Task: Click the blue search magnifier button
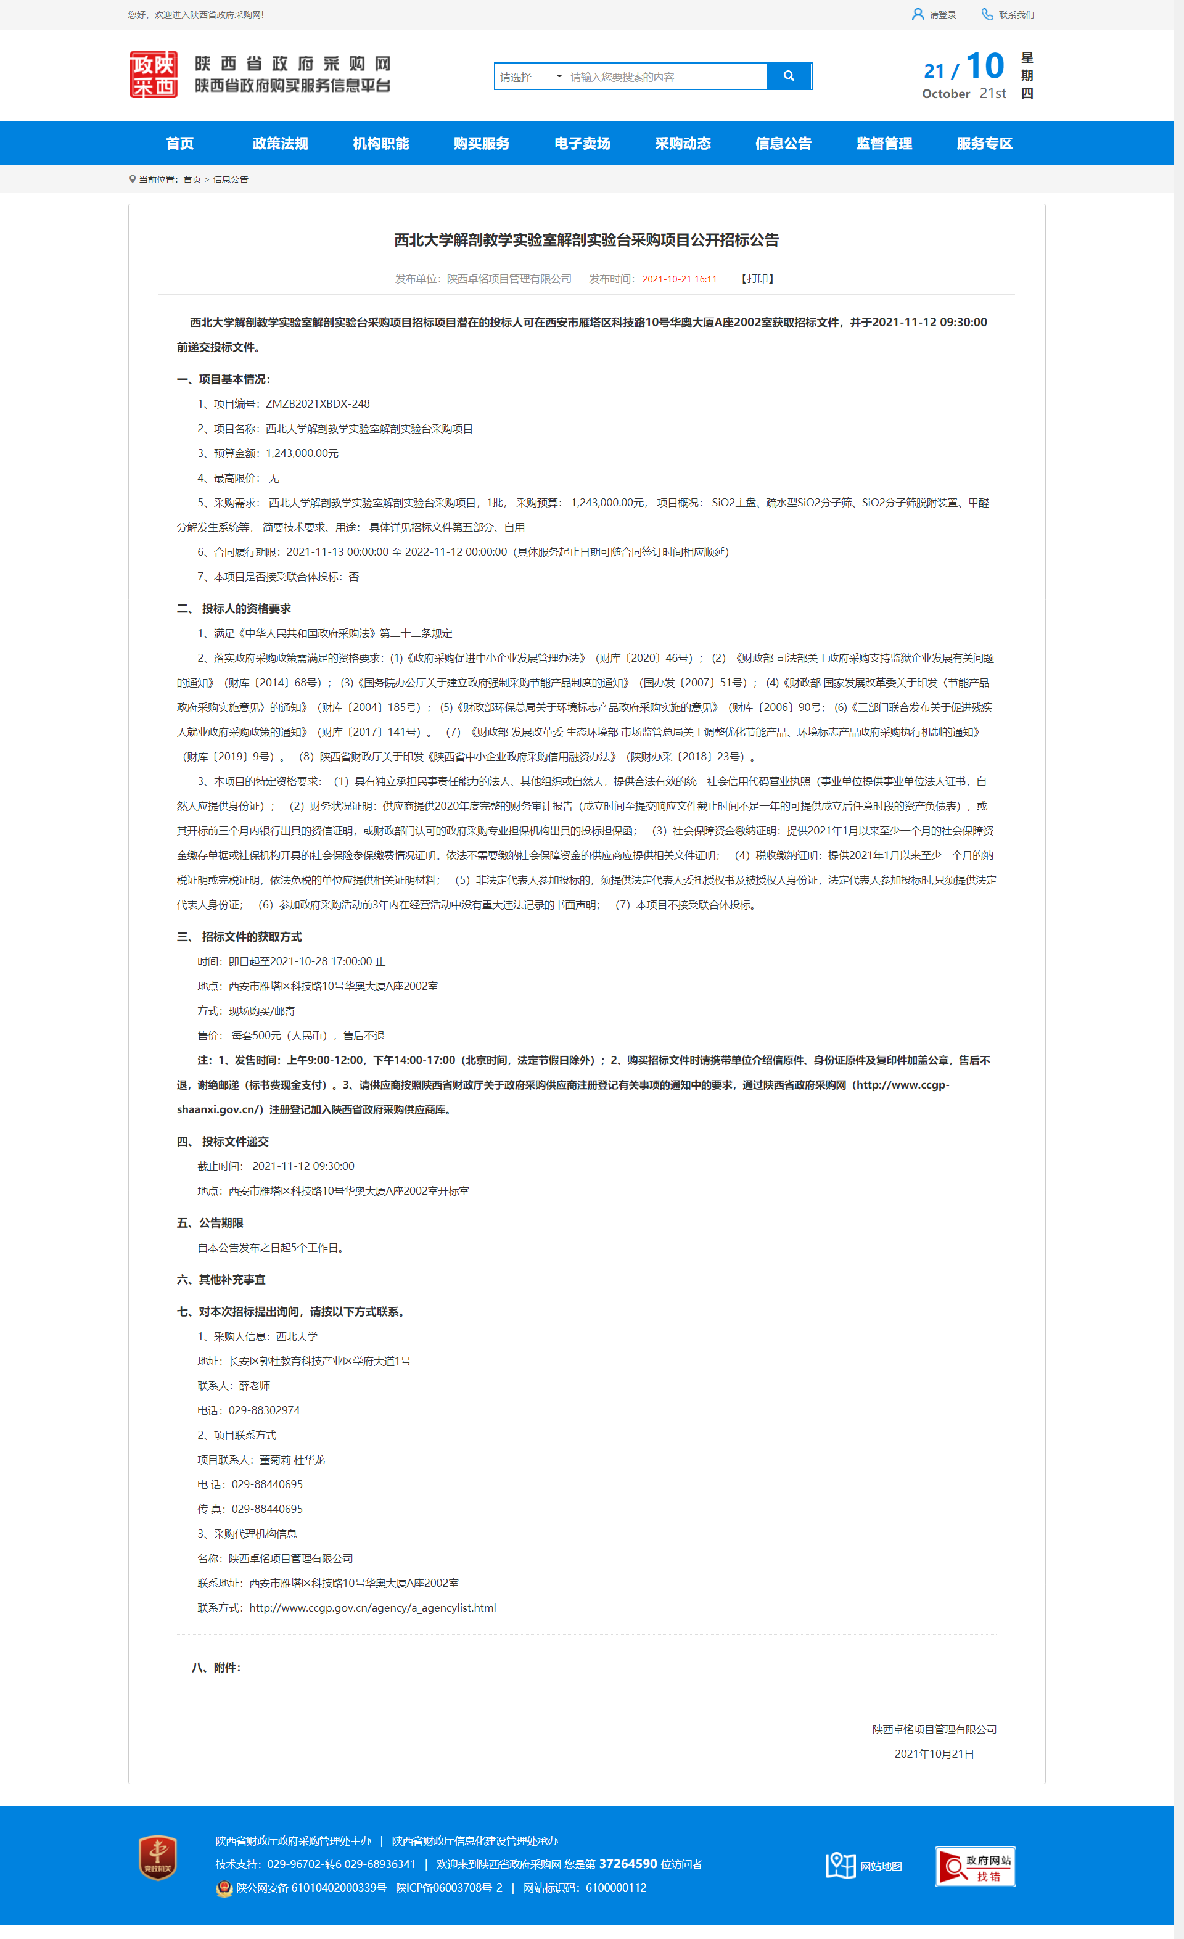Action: click(788, 76)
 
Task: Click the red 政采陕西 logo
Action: click(154, 75)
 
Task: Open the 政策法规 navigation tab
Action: click(280, 143)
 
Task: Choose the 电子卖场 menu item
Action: click(582, 143)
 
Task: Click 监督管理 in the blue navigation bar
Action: click(884, 143)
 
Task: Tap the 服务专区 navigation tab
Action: click(984, 143)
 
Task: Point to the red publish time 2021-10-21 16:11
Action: click(679, 279)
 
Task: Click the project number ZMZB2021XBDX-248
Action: click(318, 404)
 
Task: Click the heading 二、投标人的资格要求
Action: click(234, 608)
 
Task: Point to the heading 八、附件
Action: click(216, 1668)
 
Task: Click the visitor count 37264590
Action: click(628, 1864)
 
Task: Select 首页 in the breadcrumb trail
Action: click(192, 179)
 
